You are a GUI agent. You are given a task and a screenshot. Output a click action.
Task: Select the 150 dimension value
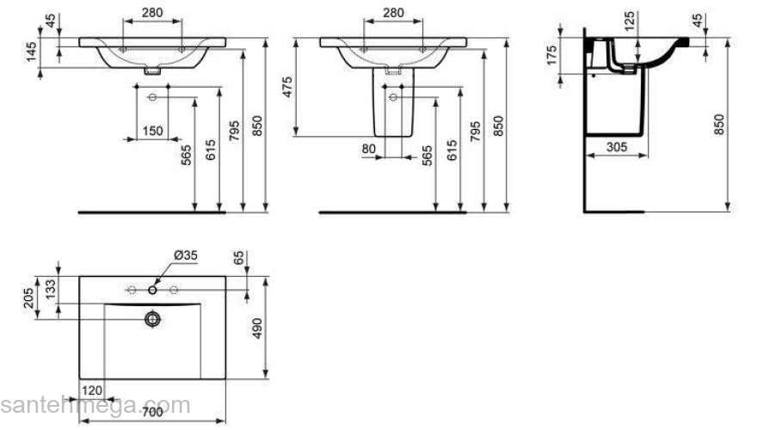(x=153, y=130)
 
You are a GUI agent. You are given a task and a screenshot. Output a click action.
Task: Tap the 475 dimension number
(x=288, y=88)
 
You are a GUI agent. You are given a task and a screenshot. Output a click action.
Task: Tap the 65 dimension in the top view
(x=238, y=259)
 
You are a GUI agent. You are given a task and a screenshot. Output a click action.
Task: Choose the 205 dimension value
(x=29, y=298)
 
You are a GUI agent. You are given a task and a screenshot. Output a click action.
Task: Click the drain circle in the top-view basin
(x=153, y=319)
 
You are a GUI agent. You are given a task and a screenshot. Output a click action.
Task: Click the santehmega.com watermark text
(x=95, y=405)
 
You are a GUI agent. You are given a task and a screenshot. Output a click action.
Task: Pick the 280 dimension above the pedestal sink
(x=392, y=13)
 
